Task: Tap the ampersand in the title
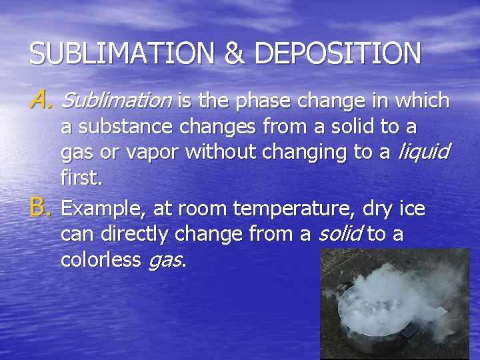[x=234, y=53]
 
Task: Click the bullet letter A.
[x=41, y=101]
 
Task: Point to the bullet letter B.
[x=41, y=209]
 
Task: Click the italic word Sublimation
[x=116, y=101]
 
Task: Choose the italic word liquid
[x=423, y=153]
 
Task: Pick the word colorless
[x=101, y=260]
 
